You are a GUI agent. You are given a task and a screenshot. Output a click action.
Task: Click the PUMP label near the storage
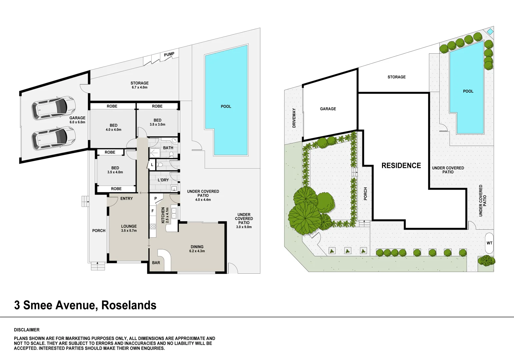(169, 54)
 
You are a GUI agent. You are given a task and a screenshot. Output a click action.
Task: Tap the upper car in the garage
(54, 107)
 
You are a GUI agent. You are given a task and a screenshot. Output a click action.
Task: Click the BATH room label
(168, 148)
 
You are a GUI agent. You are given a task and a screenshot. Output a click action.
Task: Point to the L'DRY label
(163, 180)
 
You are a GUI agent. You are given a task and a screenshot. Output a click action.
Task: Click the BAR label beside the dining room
(156, 263)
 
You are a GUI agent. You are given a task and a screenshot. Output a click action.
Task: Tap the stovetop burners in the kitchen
(153, 226)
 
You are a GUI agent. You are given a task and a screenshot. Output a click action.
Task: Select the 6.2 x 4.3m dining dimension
(197, 251)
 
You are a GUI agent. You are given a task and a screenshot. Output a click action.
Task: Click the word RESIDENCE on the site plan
(401, 166)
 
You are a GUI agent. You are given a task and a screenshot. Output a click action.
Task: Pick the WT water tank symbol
(489, 243)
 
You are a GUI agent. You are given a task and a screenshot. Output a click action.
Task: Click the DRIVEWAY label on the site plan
(294, 118)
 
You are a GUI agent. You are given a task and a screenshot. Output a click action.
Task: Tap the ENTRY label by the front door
(126, 199)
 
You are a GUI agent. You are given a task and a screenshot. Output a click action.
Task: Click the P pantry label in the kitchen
(155, 199)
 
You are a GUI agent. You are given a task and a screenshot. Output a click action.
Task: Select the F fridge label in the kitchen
(153, 211)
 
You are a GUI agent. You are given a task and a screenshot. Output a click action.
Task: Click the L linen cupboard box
(152, 165)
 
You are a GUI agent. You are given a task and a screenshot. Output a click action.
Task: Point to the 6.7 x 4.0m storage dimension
(139, 87)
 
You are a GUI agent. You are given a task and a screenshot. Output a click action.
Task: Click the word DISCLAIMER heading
(27, 330)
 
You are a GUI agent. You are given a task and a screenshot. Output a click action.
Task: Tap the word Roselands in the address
(129, 305)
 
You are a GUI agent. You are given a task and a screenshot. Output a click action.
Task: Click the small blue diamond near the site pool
(490, 31)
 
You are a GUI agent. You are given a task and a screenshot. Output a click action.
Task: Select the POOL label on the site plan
(468, 91)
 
